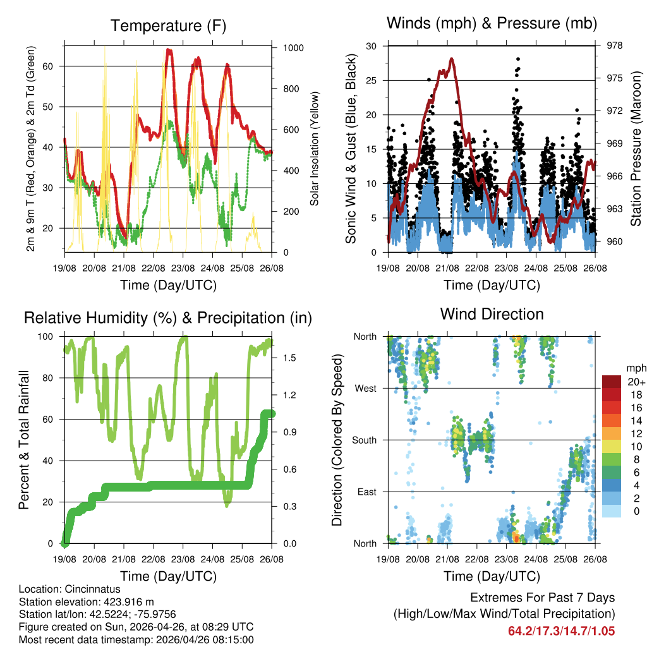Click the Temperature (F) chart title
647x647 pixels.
pos(168,26)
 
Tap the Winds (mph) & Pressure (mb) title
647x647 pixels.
pos(492,23)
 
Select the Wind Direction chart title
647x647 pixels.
pos(492,313)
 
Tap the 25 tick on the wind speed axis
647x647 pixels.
pos(373,80)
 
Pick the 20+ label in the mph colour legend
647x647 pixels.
pos(634,382)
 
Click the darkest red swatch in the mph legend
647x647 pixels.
pos(611,381)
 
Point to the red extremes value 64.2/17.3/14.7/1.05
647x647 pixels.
pos(561,631)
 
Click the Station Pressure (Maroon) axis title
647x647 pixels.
pos(636,148)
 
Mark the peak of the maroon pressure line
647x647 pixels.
pos(452,59)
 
